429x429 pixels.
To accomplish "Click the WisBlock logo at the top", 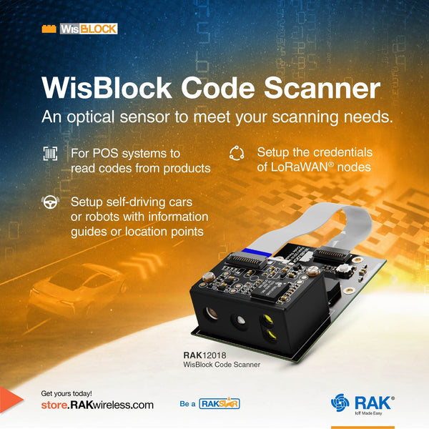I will click(79, 29).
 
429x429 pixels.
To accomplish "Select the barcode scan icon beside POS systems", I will click(50, 154).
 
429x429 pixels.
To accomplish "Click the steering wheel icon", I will click(50, 202).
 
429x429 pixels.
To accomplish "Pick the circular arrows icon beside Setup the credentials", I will click(237, 153).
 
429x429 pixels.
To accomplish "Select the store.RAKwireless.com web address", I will click(97, 405).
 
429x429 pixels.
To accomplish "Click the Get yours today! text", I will click(66, 393).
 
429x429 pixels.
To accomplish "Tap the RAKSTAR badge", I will click(219, 404).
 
